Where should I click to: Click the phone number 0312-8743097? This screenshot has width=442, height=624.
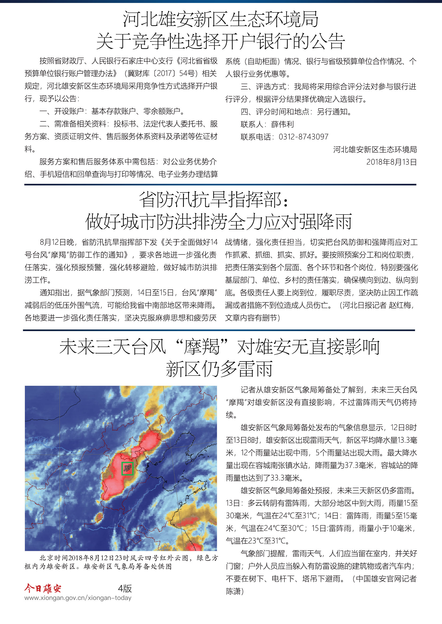pos(303,137)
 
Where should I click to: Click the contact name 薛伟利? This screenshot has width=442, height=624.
pos(282,124)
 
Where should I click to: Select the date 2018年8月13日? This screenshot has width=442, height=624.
pos(391,162)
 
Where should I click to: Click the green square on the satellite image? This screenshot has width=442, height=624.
pos(127,468)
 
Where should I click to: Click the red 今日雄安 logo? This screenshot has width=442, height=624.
pos(43,588)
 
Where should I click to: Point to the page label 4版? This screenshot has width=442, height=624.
pos(125,589)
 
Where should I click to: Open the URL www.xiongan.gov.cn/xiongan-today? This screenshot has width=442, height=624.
pos(78,598)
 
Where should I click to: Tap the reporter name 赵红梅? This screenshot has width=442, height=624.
pos(399,305)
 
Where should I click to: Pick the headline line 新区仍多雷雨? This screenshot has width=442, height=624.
pos(219,369)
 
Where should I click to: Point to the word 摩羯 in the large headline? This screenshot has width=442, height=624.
pos(201,347)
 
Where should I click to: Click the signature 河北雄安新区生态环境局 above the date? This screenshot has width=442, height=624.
pos(375,149)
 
